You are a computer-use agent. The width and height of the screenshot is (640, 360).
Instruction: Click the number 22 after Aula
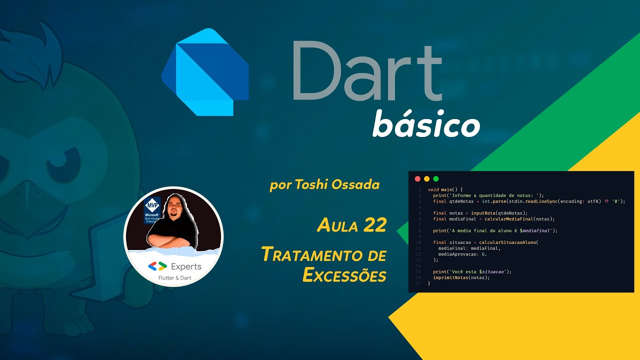[375, 225]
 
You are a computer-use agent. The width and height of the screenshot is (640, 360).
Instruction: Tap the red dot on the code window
[417, 178]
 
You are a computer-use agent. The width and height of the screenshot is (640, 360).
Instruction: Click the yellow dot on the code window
[426, 178]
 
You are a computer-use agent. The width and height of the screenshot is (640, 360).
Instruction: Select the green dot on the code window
[435, 178]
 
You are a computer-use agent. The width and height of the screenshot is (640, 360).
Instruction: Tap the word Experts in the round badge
[186, 266]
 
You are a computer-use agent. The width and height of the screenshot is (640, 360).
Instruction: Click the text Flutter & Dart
[174, 278]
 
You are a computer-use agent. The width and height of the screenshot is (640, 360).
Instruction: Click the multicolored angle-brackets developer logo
[157, 266]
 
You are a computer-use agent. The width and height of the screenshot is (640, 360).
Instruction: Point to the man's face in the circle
[175, 210]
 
